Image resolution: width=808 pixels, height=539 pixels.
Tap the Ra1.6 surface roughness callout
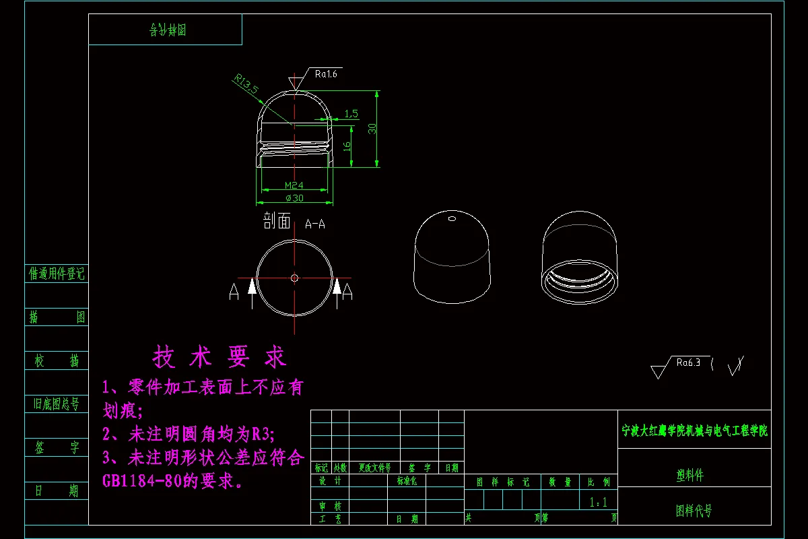click(x=325, y=74)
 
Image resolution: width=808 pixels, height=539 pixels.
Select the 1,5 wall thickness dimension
click(x=351, y=114)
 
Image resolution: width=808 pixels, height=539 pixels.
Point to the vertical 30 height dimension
click(x=372, y=128)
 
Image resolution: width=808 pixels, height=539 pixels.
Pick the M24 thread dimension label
click(x=294, y=185)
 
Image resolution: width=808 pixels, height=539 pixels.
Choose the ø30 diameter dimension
click(x=294, y=198)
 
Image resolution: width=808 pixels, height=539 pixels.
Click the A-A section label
click(x=314, y=224)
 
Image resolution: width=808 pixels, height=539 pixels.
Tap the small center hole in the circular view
click(x=294, y=277)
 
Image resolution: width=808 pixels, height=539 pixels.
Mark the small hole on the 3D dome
click(x=452, y=218)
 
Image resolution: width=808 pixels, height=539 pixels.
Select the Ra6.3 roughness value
click(x=688, y=362)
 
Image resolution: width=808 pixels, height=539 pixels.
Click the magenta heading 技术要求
click(x=220, y=357)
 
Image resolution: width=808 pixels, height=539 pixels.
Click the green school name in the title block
click(x=694, y=431)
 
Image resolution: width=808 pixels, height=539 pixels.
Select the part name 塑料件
click(x=690, y=475)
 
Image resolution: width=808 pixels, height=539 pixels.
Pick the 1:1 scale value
click(x=598, y=502)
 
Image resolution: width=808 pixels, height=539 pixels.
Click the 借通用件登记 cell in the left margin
click(x=57, y=274)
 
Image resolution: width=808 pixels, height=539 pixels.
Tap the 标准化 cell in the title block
click(x=407, y=481)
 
